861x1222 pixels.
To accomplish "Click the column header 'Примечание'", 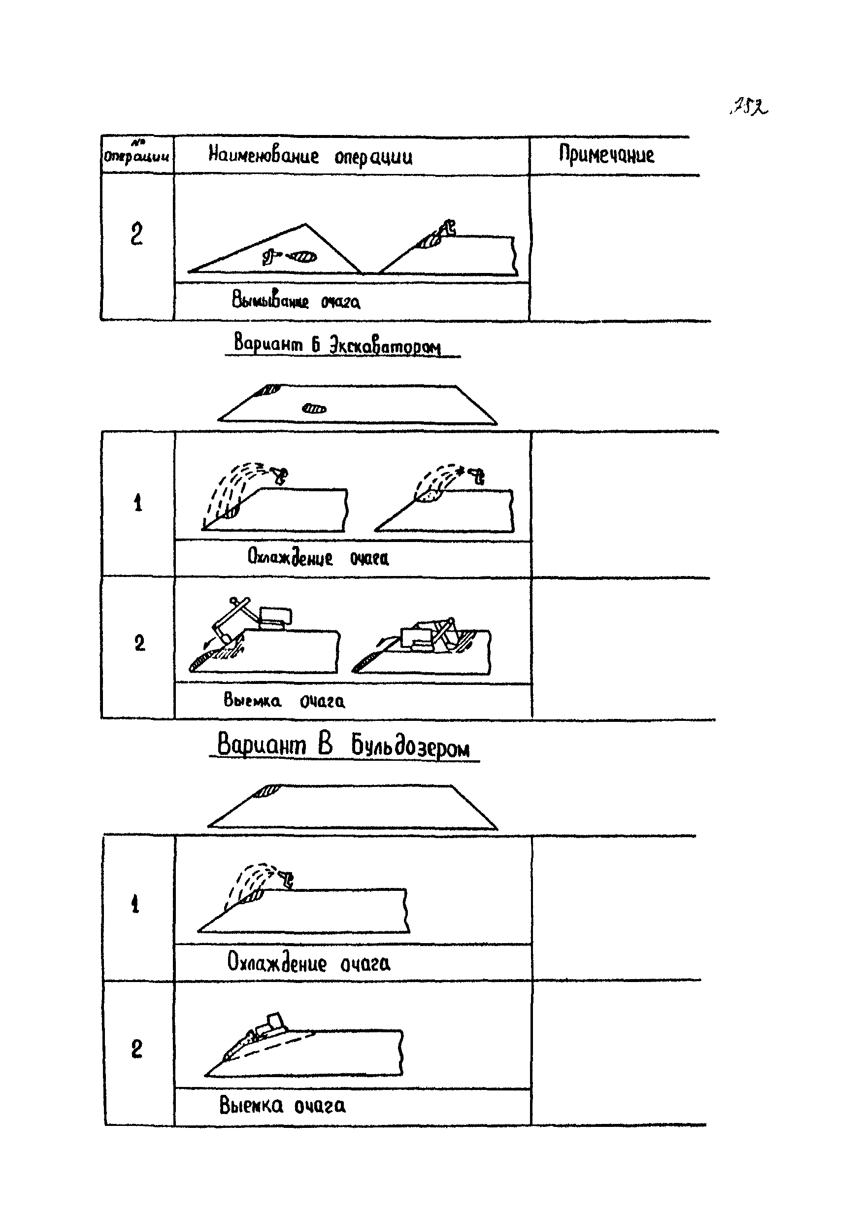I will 606,155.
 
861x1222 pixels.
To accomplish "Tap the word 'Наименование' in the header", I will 264,155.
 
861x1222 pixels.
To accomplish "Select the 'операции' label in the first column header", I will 136,157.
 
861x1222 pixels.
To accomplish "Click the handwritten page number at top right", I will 749,107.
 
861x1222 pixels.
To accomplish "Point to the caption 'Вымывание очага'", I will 296,301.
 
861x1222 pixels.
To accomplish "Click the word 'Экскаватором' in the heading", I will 385,346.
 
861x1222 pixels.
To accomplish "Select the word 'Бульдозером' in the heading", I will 410,746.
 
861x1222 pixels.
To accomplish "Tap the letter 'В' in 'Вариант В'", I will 325,744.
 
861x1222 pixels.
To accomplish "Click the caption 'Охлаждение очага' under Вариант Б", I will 318,558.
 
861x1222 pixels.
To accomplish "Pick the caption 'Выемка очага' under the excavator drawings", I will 284,700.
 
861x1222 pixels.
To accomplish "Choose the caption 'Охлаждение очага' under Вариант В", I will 308,962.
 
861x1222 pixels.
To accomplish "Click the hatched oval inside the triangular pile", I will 303,258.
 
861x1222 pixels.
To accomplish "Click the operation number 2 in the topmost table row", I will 137,234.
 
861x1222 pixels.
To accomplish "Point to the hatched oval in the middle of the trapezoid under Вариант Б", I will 314,409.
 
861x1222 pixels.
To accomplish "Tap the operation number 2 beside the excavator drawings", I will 139,644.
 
